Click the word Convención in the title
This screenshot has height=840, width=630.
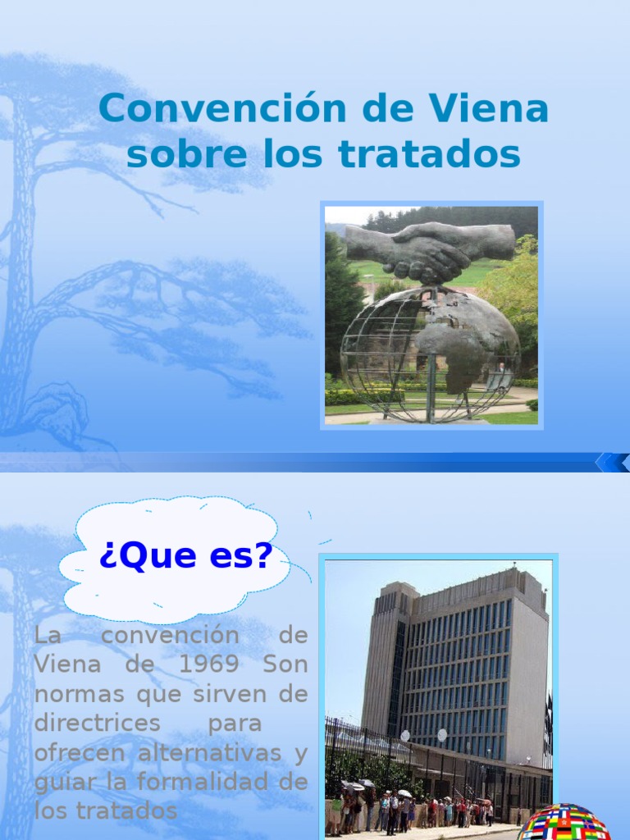[223, 109]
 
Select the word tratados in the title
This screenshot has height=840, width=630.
[430, 154]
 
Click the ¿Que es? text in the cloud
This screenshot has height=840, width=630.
[186, 555]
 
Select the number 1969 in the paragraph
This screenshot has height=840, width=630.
[208, 664]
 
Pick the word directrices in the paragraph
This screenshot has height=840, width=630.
[98, 723]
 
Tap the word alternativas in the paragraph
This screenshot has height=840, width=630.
[209, 752]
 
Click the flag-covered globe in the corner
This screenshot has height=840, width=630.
[565, 822]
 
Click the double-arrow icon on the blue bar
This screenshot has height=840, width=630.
[614, 463]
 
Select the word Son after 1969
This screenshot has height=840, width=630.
[285, 664]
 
